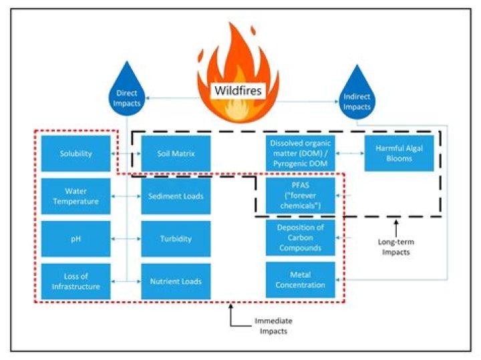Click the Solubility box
coord(75,154)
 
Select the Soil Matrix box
coord(176,154)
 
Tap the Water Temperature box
coord(75,196)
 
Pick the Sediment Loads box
coord(176,196)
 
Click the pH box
coord(75,238)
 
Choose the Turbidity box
coord(176,238)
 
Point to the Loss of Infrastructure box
coord(75,281)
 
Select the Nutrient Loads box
coord(176,281)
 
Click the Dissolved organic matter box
coord(300,154)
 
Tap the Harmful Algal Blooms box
coord(399,154)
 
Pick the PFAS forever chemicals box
coord(300,195)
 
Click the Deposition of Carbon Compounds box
coord(300,238)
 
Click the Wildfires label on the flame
coord(238,91)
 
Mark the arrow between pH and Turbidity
coord(126,238)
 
